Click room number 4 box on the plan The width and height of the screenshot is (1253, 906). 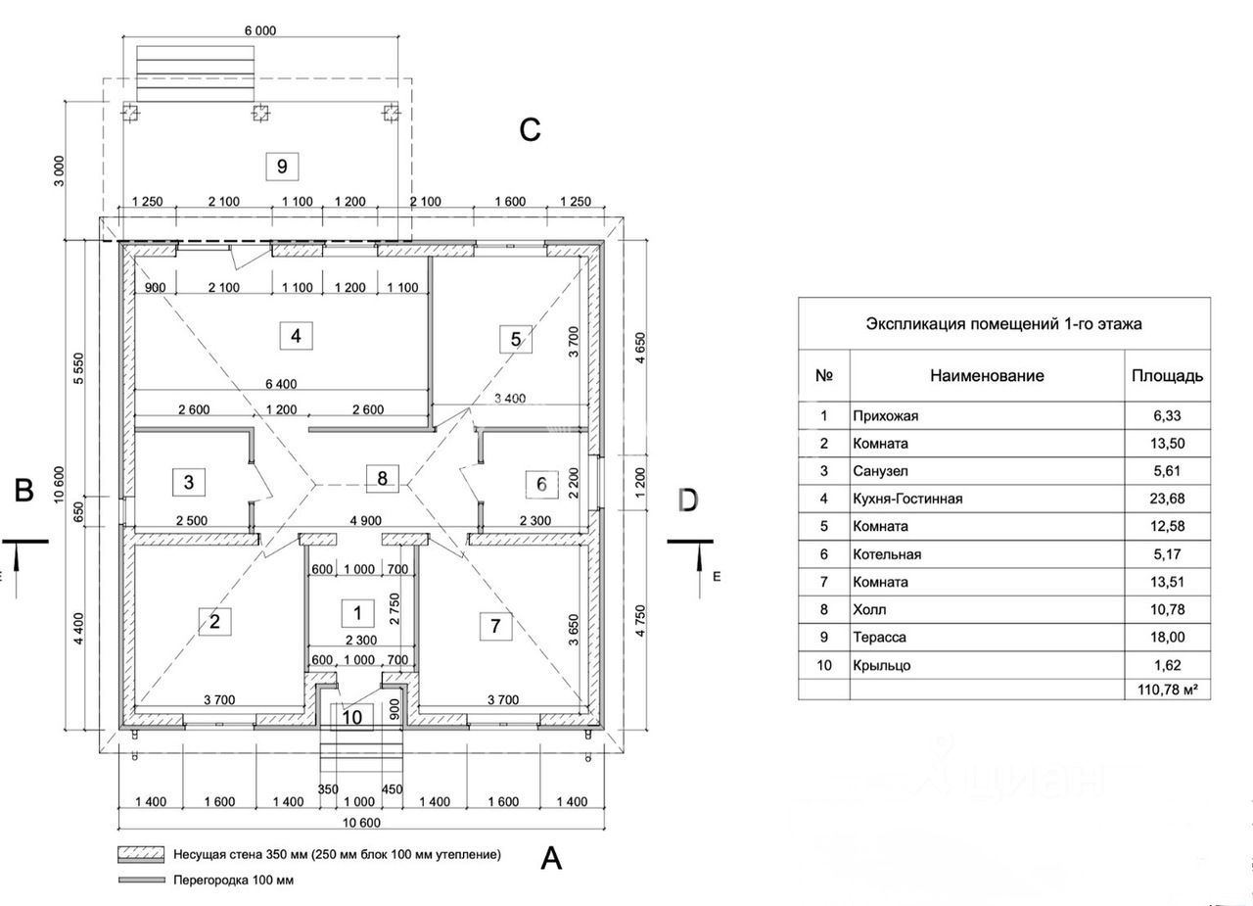pyautogui.click(x=295, y=336)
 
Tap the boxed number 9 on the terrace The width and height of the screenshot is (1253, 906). pyautogui.click(x=282, y=166)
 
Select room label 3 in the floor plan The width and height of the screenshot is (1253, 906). pyautogui.click(x=189, y=482)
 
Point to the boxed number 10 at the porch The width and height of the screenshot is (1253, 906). pyautogui.click(x=352, y=717)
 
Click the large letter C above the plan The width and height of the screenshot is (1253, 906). pyautogui.click(x=530, y=130)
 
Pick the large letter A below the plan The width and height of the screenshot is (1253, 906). pyautogui.click(x=552, y=859)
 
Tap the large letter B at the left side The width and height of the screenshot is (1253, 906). pyautogui.click(x=24, y=490)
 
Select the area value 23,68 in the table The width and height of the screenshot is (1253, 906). pyautogui.click(x=1167, y=500)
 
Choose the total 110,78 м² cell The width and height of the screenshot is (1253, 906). pyautogui.click(x=1167, y=691)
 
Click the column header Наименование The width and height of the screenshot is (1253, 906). pyautogui.click(x=987, y=375)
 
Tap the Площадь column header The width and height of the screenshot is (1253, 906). pyautogui.click(x=1167, y=375)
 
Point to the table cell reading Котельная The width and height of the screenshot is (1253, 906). pyautogui.click(x=887, y=554)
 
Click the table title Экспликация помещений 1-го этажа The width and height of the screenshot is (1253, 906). pyautogui.click(x=1003, y=323)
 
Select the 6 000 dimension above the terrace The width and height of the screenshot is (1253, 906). pyautogui.click(x=259, y=30)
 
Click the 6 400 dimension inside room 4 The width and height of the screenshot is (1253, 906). pyautogui.click(x=280, y=384)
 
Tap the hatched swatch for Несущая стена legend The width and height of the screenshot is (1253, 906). pyautogui.click(x=138, y=854)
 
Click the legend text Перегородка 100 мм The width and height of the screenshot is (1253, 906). pyautogui.click(x=233, y=881)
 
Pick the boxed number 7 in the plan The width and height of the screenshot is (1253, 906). pyautogui.click(x=495, y=626)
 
